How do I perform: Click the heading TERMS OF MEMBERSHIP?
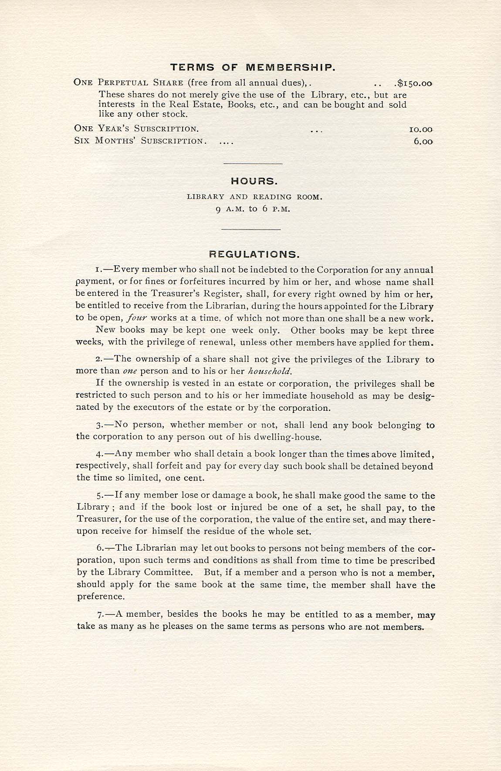(x=253, y=68)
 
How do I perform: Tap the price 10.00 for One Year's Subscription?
(x=421, y=129)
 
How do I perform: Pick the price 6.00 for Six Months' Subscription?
(x=423, y=142)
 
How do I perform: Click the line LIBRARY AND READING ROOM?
(x=254, y=197)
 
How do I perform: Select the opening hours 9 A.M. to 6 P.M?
(x=253, y=209)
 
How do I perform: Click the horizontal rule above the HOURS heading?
(x=253, y=163)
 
